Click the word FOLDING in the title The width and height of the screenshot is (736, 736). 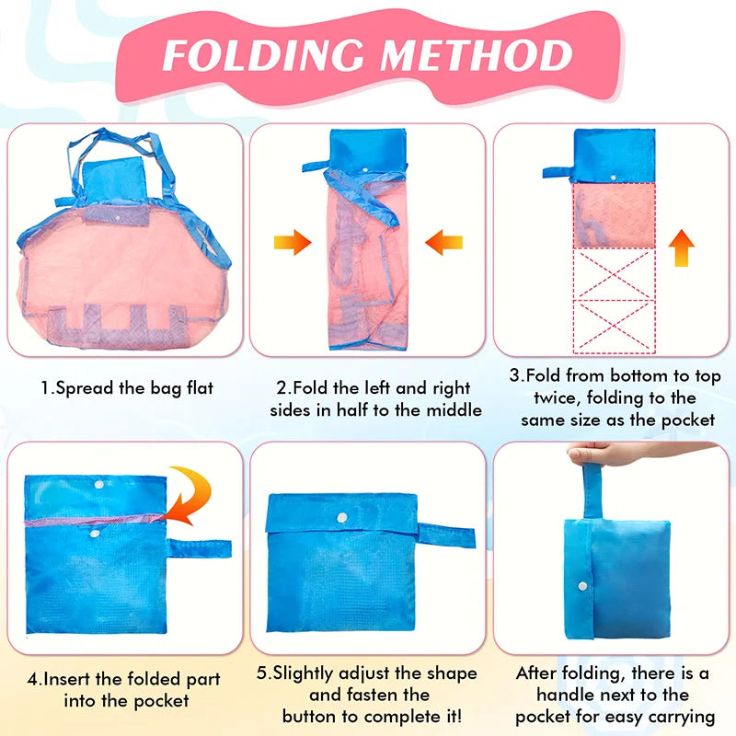pos(263,55)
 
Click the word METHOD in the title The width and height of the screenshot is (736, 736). pos(476,55)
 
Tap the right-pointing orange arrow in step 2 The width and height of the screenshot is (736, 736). pos(293,242)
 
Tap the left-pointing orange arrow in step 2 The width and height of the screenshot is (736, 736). pos(444,242)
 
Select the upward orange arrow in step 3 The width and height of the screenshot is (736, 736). pos(681,248)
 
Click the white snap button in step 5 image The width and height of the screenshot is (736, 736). pos(342,518)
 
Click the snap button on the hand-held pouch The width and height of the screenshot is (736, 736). pos(582,586)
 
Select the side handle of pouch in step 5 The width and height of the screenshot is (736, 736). pos(446,535)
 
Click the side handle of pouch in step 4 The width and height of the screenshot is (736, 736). pos(199,548)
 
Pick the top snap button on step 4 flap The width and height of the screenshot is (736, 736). pos(98,484)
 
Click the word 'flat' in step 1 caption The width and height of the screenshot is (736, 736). pos(200,388)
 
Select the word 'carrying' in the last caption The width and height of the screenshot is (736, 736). pos(682,718)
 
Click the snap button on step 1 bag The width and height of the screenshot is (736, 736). pos(117,218)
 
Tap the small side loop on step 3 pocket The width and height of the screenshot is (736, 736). pos(558,172)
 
